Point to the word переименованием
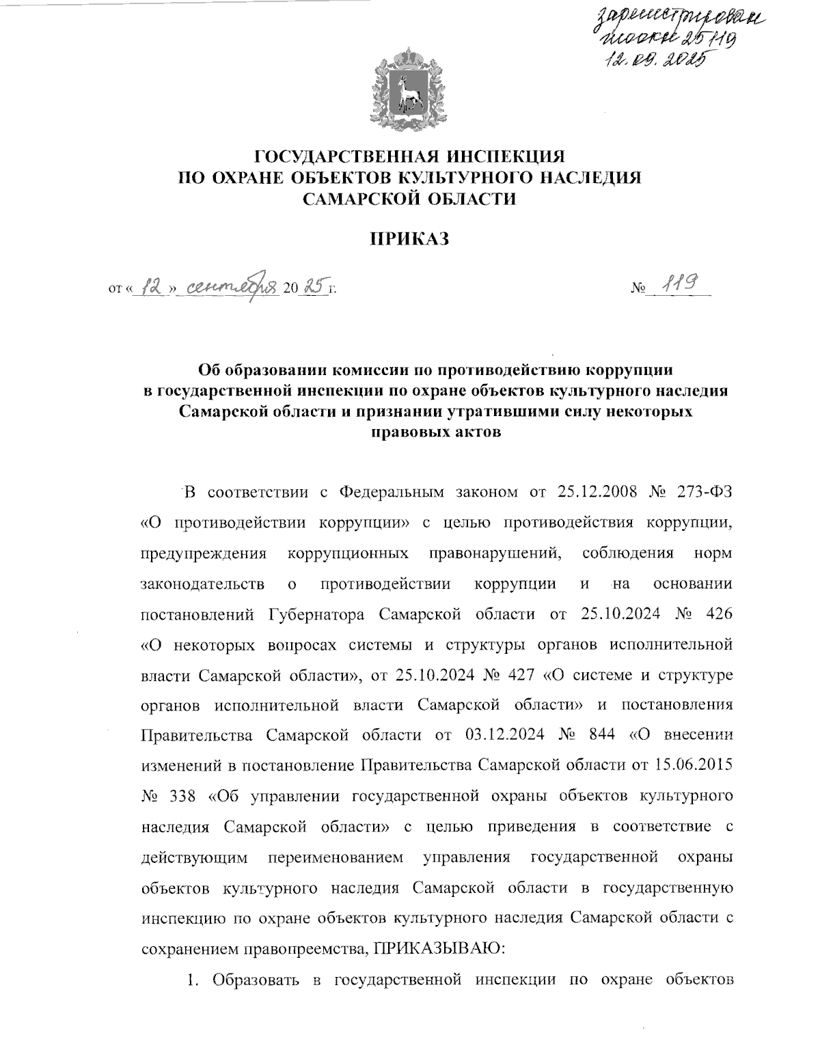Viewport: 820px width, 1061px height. (x=336, y=857)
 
